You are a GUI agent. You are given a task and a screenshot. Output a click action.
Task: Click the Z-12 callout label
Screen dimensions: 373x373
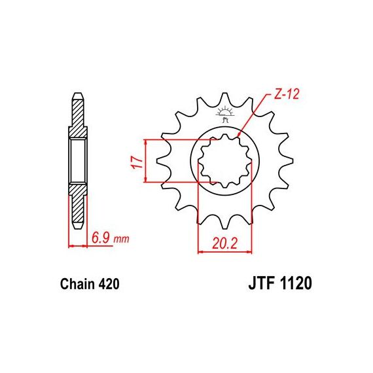tap(287, 94)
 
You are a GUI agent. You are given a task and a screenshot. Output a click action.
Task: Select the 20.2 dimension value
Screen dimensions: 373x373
tap(225, 243)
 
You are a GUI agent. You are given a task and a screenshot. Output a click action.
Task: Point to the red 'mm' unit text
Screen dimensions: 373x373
tap(121, 239)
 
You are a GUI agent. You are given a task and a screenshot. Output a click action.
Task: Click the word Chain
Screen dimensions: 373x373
tap(77, 284)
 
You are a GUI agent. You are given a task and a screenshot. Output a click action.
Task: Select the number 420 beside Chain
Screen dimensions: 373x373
tap(108, 284)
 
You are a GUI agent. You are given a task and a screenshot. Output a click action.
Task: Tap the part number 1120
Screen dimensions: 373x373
tap(296, 283)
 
